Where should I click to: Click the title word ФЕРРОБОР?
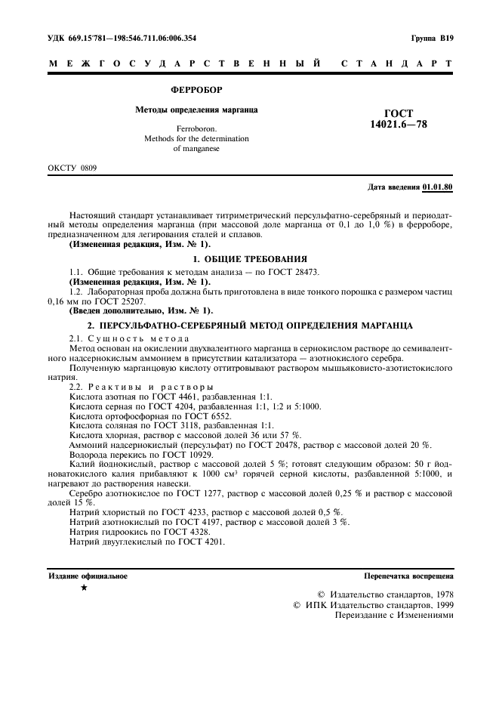196,90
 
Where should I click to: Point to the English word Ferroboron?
196,129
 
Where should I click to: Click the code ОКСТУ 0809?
72,167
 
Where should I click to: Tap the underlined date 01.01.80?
438,186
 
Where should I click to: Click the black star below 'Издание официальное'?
84,587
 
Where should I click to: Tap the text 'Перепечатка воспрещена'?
408,576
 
